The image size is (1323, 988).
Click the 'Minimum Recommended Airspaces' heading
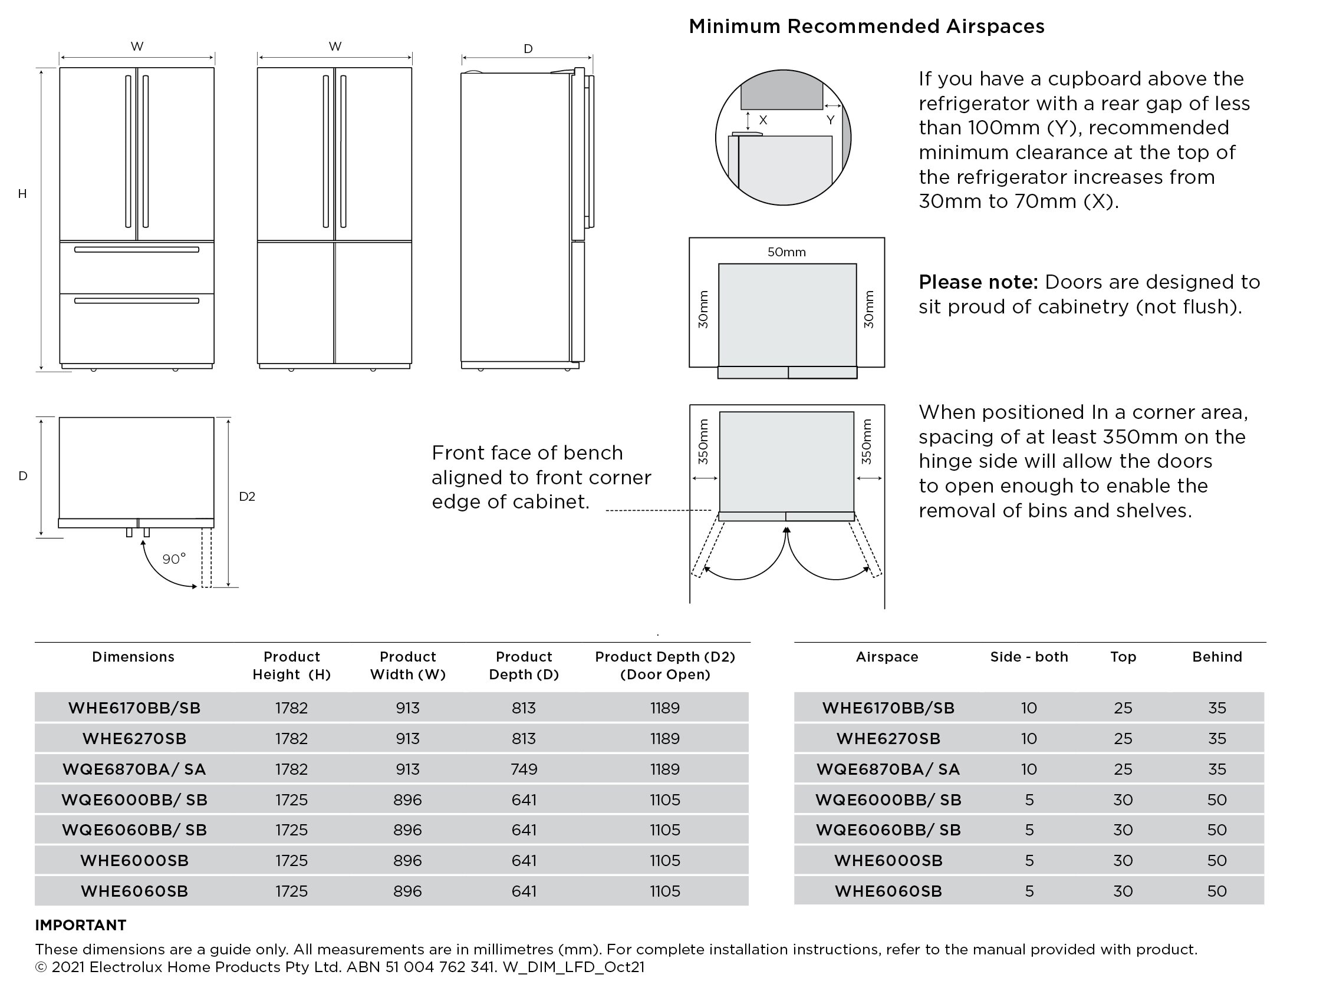(x=866, y=27)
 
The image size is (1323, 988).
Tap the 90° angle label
(x=174, y=559)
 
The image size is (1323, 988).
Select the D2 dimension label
(x=247, y=496)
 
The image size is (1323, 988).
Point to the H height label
(x=22, y=194)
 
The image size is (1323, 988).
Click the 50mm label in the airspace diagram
(x=786, y=252)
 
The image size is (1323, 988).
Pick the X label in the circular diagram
(x=763, y=120)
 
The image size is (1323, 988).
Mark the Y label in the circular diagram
(x=830, y=120)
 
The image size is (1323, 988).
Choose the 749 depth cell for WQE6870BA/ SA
(x=524, y=769)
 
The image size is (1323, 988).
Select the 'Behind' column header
(x=1216, y=657)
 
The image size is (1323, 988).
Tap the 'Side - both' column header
(x=1029, y=657)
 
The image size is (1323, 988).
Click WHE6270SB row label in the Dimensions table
(x=134, y=739)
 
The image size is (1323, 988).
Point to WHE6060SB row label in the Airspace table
(x=888, y=891)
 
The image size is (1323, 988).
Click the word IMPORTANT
(x=81, y=925)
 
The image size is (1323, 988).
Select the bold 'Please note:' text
(x=978, y=282)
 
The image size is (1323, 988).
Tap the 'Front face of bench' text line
(x=527, y=453)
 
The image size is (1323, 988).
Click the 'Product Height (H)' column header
(x=291, y=665)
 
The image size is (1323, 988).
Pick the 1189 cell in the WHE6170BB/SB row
(x=664, y=708)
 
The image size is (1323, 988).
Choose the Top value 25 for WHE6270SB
(x=1123, y=739)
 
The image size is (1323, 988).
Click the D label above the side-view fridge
(x=528, y=49)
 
